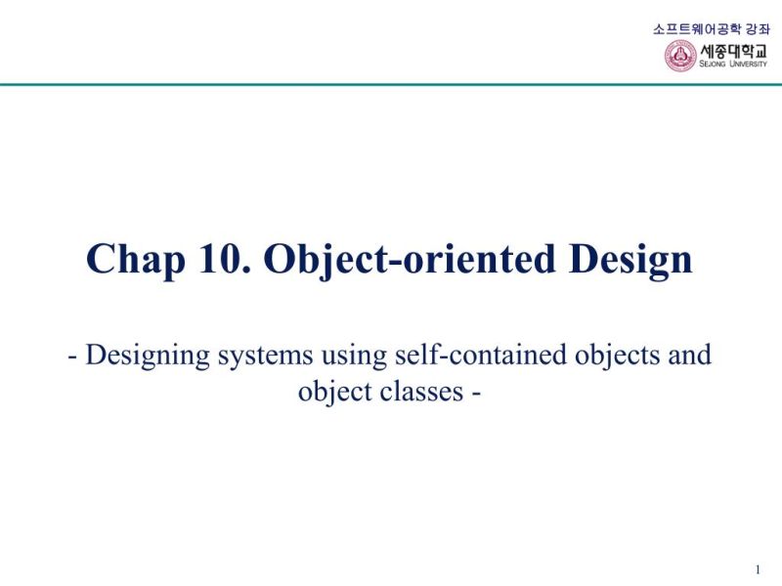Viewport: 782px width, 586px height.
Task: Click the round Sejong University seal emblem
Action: pyautogui.click(x=680, y=56)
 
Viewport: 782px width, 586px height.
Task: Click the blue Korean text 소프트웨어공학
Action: pyautogui.click(x=697, y=28)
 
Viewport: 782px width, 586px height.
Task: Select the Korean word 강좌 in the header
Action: pyautogui.click(x=759, y=28)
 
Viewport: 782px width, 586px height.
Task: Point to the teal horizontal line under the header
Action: pyautogui.click(x=391, y=85)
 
